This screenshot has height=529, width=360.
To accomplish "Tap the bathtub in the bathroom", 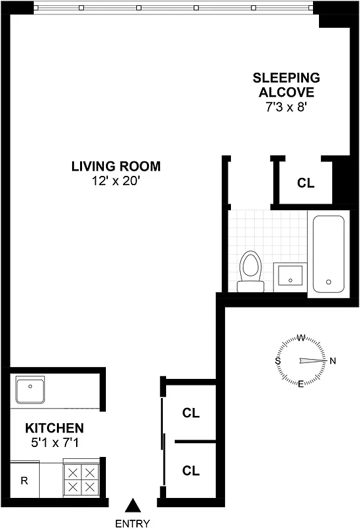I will point(328,255).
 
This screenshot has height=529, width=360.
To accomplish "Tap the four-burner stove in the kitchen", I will point(80,480).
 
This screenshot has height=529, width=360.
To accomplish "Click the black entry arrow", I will point(133,506).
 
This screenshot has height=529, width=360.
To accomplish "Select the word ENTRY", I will point(133,523).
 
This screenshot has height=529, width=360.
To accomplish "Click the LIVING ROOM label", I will point(116,167).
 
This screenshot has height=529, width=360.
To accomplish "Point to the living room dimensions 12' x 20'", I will point(116,180).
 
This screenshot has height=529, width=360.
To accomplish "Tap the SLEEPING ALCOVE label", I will point(286,85).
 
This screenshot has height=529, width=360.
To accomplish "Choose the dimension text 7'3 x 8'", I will point(286,106).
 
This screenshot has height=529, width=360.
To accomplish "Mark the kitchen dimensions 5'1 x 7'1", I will point(54,441).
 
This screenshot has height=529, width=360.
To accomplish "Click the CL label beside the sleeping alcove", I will point(306,183).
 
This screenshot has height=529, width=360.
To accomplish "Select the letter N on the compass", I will point(333,361).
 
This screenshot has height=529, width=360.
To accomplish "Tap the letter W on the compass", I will point(301,338).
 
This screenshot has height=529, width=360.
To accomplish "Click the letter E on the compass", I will point(301,384).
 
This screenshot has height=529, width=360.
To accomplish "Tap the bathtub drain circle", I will point(328,282).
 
